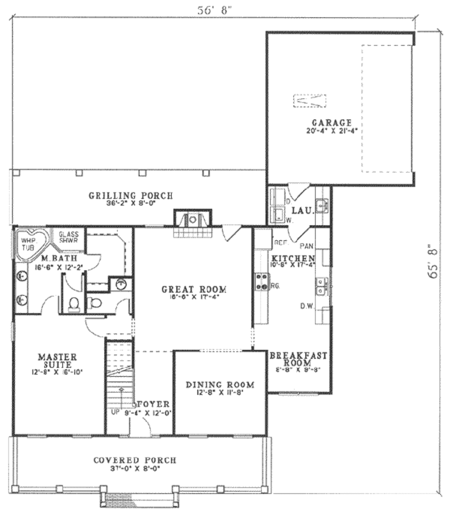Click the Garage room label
331,123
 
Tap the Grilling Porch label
131,195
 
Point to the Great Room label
194,290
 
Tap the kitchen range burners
261,282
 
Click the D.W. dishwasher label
306,307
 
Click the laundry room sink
323,205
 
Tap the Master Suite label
57,360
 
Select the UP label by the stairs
116,413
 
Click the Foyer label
153,404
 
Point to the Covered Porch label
135,460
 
